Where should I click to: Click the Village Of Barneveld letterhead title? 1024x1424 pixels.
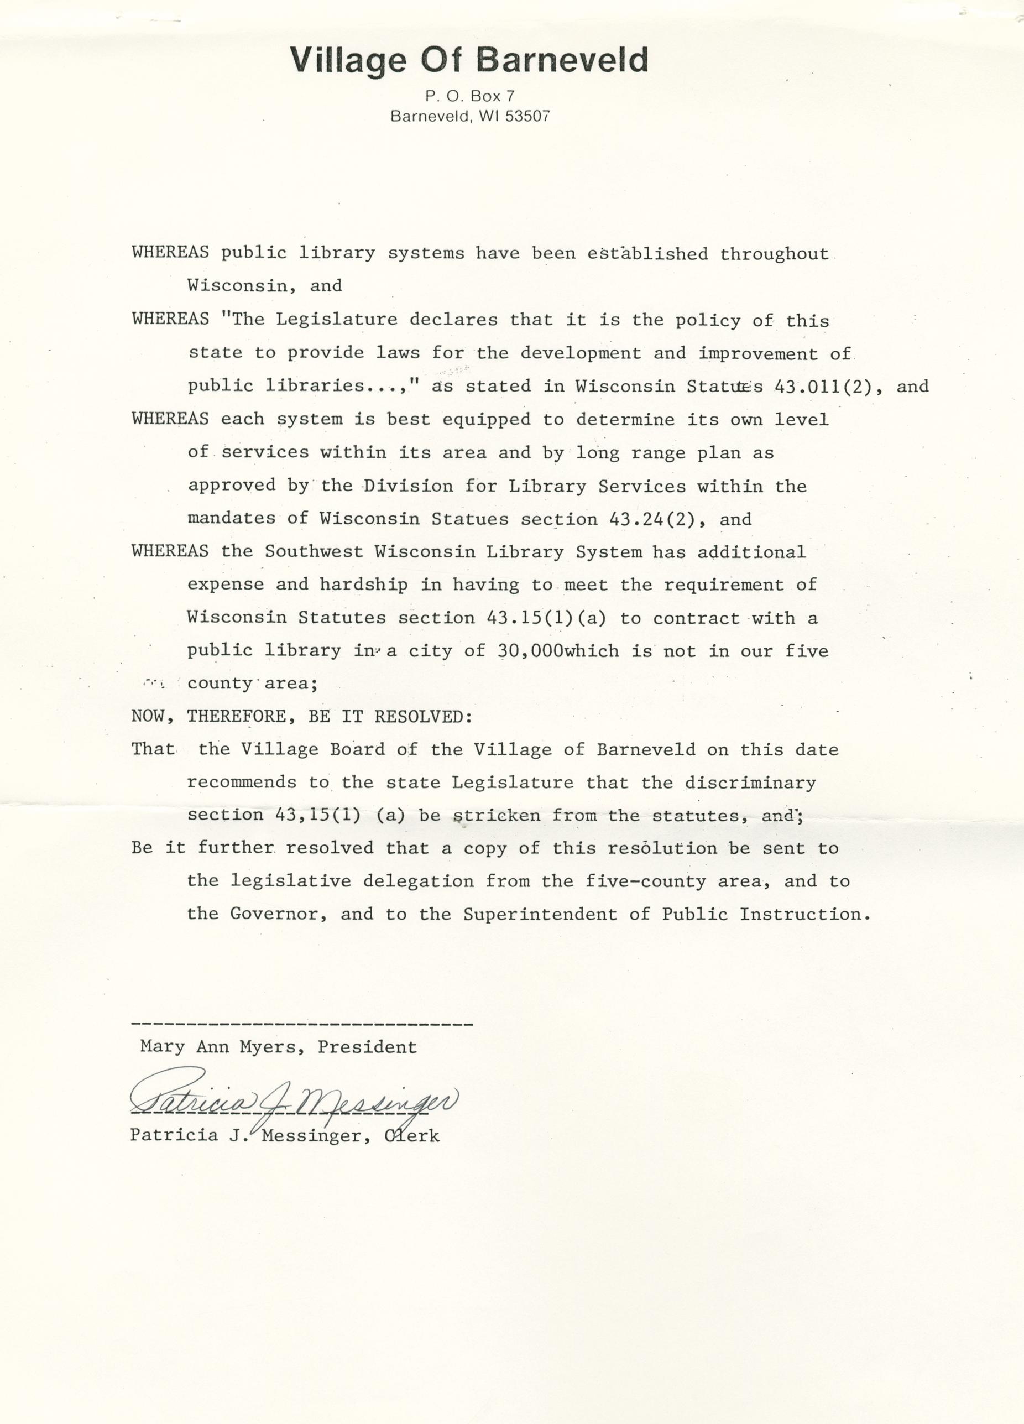point(468,61)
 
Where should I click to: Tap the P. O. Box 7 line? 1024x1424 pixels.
point(469,96)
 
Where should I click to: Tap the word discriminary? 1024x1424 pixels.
point(750,783)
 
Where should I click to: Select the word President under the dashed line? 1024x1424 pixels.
point(367,1047)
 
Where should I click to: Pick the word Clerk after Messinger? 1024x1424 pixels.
point(411,1135)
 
